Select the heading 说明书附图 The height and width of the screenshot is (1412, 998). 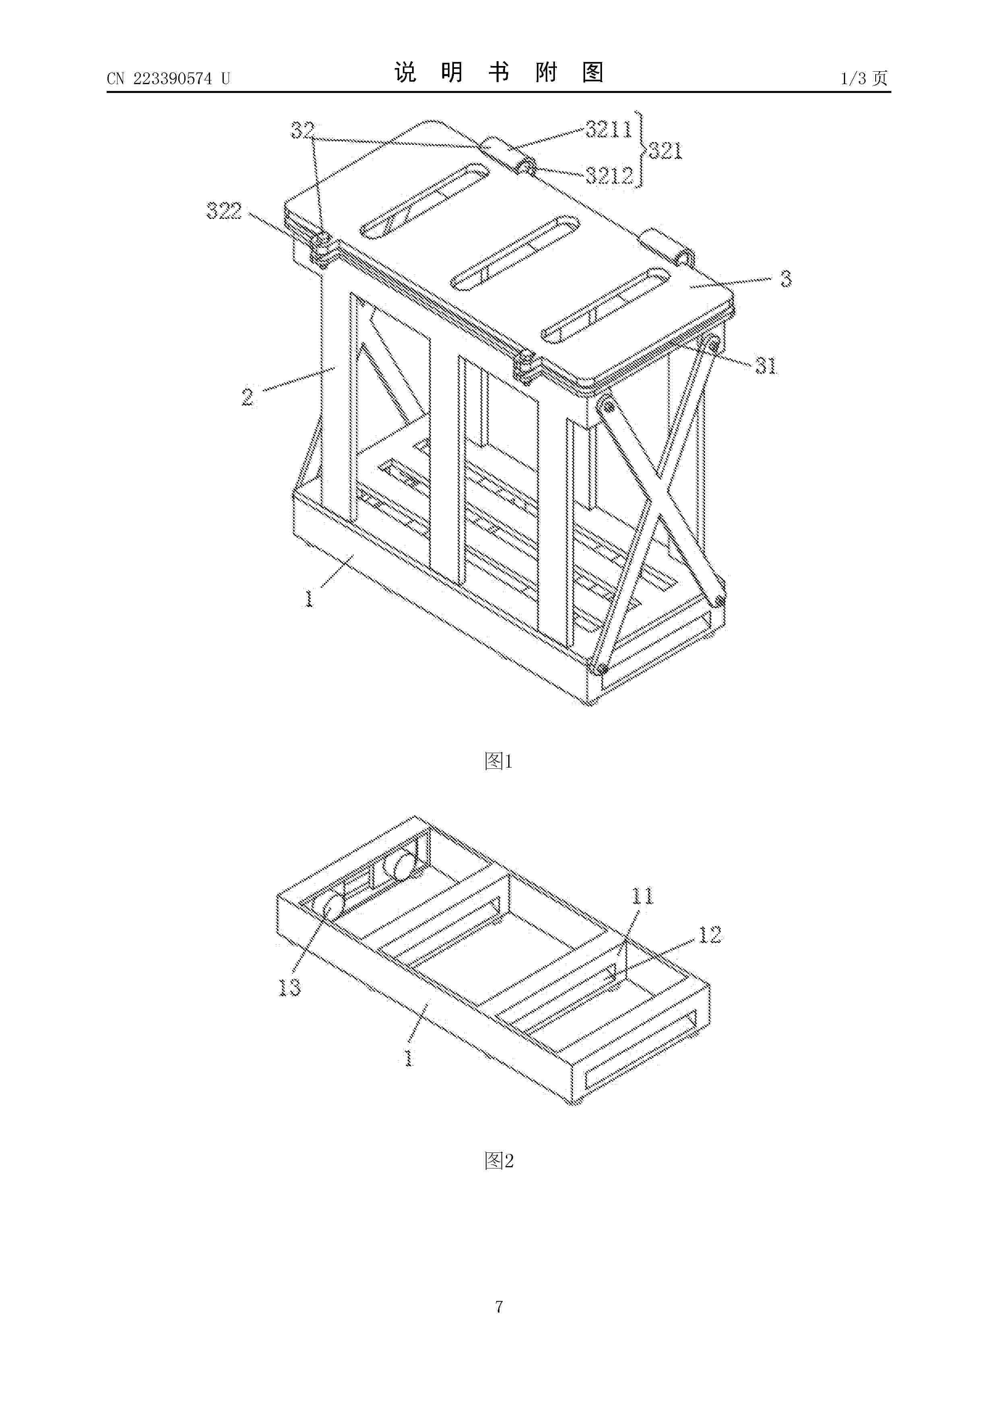[x=499, y=72]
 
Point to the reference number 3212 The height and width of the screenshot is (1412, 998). [x=609, y=176]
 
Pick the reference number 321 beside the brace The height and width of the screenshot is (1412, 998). [x=665, y=151]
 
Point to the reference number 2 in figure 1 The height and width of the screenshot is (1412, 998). [x=247, y=396]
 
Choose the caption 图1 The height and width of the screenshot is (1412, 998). [x=499, y=762]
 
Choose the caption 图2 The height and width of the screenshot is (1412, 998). [x=499, y=1160]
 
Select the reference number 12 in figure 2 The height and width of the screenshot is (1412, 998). [x=709, y=935]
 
